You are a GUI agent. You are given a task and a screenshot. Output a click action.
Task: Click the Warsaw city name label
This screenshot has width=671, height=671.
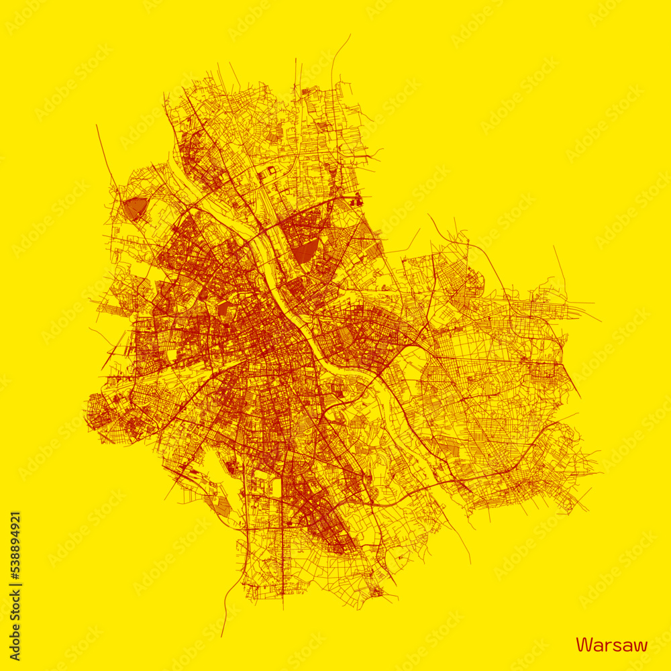tap(611, 646)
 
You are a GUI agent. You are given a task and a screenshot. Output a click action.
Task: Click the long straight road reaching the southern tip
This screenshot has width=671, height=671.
tap(282, 570)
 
